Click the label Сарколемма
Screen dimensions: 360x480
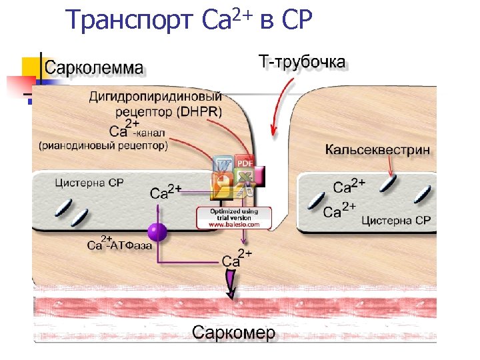coord(93,67)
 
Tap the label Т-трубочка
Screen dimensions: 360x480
coord(301,63)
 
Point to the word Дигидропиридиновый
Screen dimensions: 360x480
coord(155,97)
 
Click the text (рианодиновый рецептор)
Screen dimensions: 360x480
coord(103,145)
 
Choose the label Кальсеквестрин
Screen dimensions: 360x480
coord(377,150)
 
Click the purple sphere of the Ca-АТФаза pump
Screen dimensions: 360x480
coord(157,232)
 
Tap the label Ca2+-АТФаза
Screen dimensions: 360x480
coord(120,244)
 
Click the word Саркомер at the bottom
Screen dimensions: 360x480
coord(233,333)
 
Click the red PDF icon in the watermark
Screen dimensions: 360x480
coord(245,162)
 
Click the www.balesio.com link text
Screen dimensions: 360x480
coord(233,225)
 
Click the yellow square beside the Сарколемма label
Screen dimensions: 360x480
coord(30,67)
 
